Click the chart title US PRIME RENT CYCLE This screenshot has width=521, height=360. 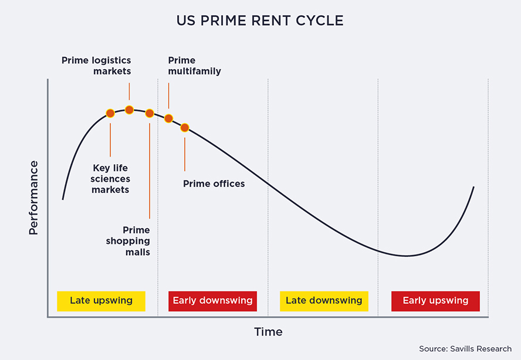click(260, 21)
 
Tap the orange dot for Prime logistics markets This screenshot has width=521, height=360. click(129, 110)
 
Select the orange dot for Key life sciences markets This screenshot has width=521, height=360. click(110, 113)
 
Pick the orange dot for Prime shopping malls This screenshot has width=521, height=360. click(150, 113)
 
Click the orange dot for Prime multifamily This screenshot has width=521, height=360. click(168, 118)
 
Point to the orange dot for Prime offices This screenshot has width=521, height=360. click(185, 128)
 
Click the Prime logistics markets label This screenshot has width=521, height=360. click(96, 66)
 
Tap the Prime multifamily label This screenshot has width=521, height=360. click(194, 66)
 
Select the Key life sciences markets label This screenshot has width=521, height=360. click(110, 179)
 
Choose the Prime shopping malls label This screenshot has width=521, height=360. click(128, 241)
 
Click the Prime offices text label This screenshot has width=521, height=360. click(214, 184)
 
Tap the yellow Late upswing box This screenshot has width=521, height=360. click(101, 301)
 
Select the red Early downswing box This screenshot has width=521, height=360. click(212, 301)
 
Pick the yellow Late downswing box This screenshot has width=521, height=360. click(324, 301)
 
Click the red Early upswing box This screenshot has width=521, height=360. click(435, 301)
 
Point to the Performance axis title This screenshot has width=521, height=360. click(33, 198)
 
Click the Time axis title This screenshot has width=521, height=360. click(269, 332)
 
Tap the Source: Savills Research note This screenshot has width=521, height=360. click(465, 349)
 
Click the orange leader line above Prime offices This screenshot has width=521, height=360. click(185, 154)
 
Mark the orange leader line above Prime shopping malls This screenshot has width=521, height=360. click(150, 171)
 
